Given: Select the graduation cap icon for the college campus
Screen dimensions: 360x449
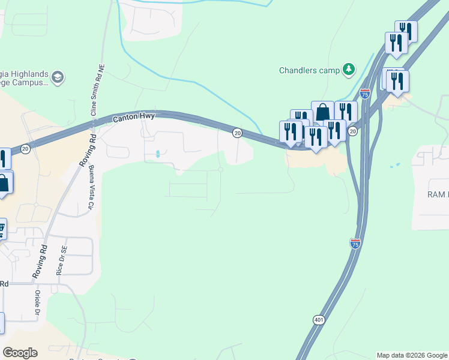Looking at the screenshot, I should [58, 77].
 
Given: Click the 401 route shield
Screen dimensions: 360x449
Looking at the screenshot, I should [319, 320].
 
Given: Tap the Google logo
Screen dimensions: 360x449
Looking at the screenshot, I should [20, 353].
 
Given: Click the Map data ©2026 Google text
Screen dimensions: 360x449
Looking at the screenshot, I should [412, 355].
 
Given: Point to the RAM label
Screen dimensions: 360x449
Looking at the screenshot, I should [437, 194].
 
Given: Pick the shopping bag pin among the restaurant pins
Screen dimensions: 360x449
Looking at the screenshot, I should [322, 112].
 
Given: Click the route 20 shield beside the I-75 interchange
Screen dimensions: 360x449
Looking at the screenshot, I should [353, 131].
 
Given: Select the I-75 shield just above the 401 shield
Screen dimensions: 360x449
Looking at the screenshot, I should [355, 243].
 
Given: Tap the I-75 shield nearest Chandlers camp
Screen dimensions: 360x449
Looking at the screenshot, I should [364, 94].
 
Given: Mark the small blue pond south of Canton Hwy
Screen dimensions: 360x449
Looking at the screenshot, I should [158, 154].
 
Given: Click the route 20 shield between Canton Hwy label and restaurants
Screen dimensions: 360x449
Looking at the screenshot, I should [237, 133].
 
